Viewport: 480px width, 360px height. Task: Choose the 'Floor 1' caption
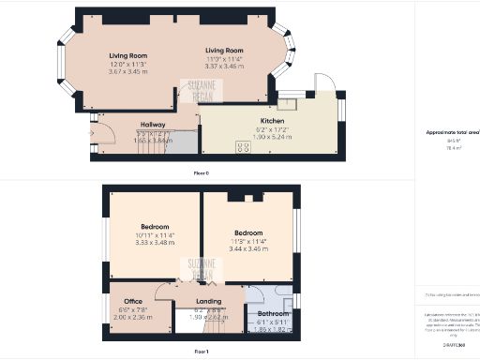click(x=201, y=351)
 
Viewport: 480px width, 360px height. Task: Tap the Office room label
click(x=131, y=302)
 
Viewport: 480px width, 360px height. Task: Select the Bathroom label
click(x=274, y=313)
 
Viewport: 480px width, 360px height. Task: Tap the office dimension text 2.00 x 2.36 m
click(x=131, y=317)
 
